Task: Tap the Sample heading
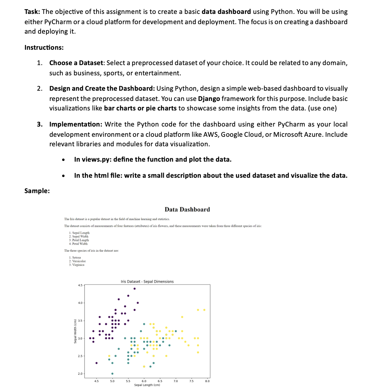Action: pyautogui.click(x=37, y=191)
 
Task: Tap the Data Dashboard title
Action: pyautogui.click(x=187, y=210)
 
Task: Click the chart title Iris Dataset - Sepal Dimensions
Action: pyautogui.click(x=147, y=282)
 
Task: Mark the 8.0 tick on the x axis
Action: pyautogui.click(x=207, y=381)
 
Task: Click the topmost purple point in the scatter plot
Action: pyautogui.click(x=134, y=289)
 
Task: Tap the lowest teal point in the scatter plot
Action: pyautogui.click(x=112, y=373)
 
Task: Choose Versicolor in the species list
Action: pyautogui.click(x=78, y=261)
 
